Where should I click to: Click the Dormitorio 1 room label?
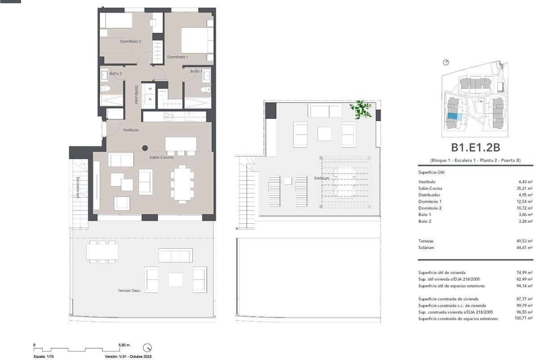tap(178, 57)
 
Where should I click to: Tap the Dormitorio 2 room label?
tap(130, 41)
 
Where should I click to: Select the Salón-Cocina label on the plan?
tap(162, 157)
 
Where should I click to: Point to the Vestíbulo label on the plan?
tap(131, 130)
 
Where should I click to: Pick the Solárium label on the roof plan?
tap(322, 179)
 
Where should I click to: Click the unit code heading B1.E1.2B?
tap(476, 147)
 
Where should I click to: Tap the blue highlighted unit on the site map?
tap(454, 117)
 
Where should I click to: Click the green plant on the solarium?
tap(361, 110)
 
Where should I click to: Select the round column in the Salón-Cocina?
tap(145, 148)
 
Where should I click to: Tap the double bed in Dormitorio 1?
tap(196, 40)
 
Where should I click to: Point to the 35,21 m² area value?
tap(525, 188)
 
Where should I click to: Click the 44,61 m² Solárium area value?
tap(525, 247)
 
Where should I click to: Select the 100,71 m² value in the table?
tap(524, 319)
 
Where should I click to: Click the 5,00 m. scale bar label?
tap(125, 345)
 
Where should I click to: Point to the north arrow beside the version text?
tap(147, 347)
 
